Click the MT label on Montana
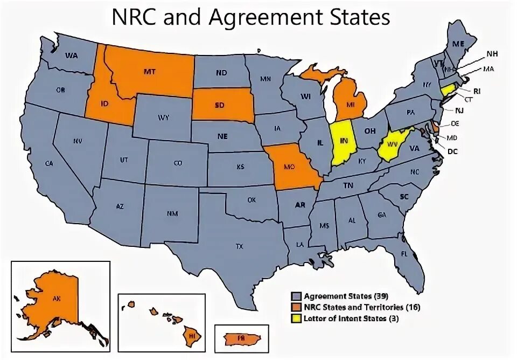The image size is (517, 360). point(149,71)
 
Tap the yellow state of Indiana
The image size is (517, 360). point(343,142)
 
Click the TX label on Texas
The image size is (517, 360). point(240,246)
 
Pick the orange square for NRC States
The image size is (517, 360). point(295,307)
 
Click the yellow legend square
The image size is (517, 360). point(295,319)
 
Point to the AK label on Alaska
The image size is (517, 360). point(55,297)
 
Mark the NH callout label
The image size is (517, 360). point(492,53)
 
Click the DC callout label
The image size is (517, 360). point(452,151)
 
